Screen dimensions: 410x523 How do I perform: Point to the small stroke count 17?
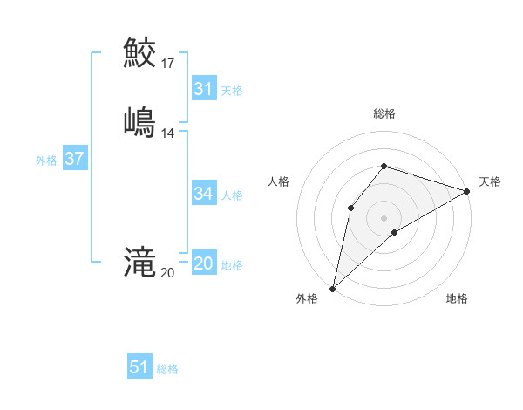pyautogui.click(x=168, y=64)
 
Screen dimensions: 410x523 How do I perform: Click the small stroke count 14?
pyautogui.click(x=168, y=133)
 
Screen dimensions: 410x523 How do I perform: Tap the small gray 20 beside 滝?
pyautogui.click(x=167, y=273)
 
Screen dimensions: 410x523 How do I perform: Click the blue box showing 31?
pyautogui.click(x=203, y=89)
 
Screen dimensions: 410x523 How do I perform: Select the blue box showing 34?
pyautogui.click(x=203, y=194)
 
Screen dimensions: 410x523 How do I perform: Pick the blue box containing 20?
pyautogui.click(x=203, y=264)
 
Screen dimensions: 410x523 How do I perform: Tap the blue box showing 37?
pyautogui.click(x=74, y=159)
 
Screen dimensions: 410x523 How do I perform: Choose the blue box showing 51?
pyautogui.click(x=139, y=367)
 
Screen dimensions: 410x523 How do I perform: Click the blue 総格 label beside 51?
pyautogui.click(x=167, y=369)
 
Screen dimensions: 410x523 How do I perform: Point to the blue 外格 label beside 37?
pyautogui.click(x=46, y=161)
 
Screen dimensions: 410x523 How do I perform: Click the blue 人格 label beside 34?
pyautogui.click(x=232, y=195)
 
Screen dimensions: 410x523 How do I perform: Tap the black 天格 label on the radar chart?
pyautogui.click(x=490, y=181)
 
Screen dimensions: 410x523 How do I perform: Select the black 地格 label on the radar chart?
pyautogui.click(x=457, y=298)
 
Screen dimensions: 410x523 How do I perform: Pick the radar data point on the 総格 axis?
pyautogui.click(x=384, y=166)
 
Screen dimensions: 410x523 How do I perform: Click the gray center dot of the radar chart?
pyautogui.click(x=384, y=217)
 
